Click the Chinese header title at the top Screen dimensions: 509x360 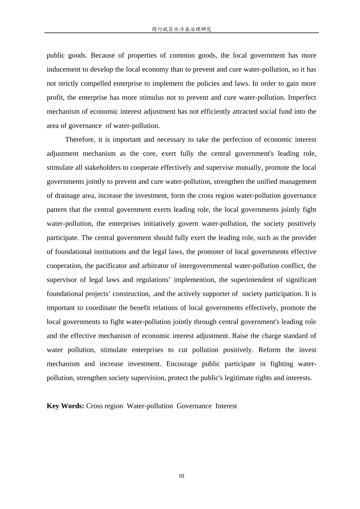point(182,29)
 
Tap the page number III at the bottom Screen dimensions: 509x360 point(182,476)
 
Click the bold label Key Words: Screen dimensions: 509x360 point(65,406)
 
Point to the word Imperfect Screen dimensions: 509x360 point(302,98)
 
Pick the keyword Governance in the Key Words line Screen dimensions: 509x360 point(194,406)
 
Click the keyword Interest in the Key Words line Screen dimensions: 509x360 point(226,406)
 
